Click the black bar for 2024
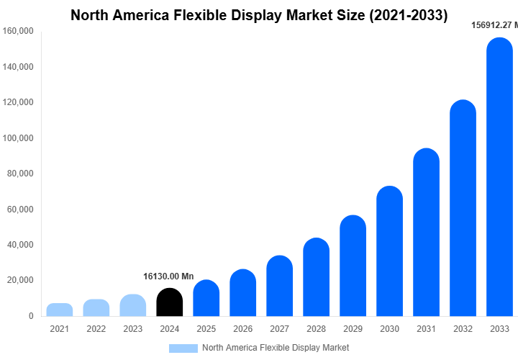[x=169, y=302]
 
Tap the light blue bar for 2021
[x=60, y=310]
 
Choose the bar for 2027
[x=279, y=286]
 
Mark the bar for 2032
[x=463, y=208]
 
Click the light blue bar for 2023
[x=133, y=305]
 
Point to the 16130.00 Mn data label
[x=168, y=276]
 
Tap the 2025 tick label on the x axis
[x=206, y=329]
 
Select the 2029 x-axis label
[x=353, y=329]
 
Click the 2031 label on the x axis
[x=426, y=329]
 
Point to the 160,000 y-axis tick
[x=18, y=32]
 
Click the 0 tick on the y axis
[x=30, y=316]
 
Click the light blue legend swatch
[x=183, y=348]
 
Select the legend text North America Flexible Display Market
[x=276, y=348]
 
